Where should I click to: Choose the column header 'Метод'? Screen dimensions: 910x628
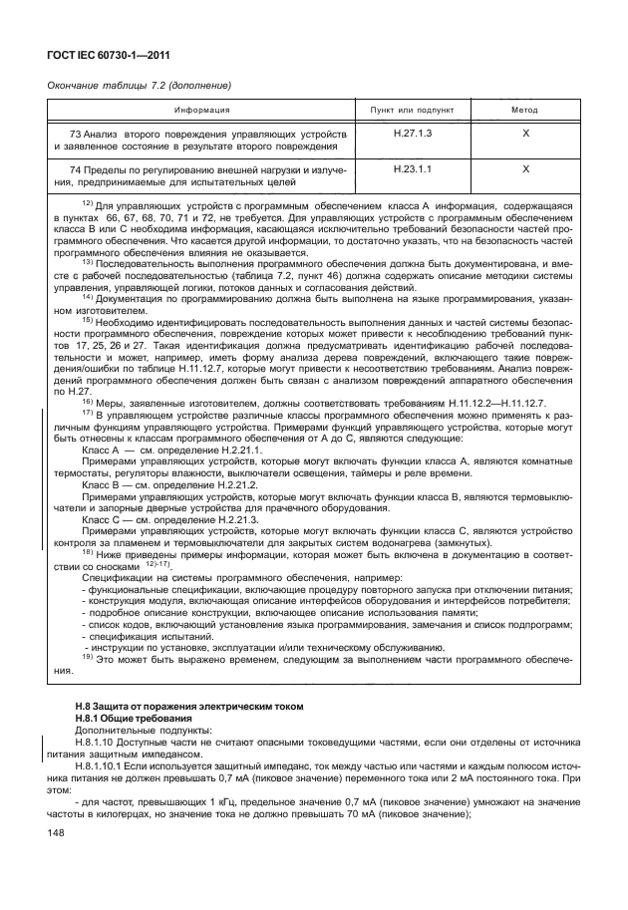(524, 110)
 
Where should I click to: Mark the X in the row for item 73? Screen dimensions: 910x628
(524, 134)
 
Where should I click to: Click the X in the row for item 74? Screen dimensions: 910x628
(524, 169)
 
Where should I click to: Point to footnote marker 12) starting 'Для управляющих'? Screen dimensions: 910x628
(87, 202)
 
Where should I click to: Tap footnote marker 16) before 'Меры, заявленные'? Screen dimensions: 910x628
(87, 400)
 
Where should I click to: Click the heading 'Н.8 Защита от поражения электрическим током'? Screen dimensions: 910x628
(188, 707)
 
